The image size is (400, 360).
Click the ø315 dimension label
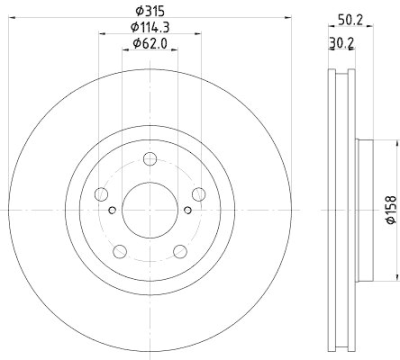[x=150, y=10]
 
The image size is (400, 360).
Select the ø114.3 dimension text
[x=150, y=27]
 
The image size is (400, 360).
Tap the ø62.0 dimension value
[x=150, y=43]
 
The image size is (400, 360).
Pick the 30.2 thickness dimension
[x=341, y=44]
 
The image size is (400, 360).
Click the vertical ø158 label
[x=390, y=209]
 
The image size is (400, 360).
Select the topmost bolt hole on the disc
[x=150, y=159]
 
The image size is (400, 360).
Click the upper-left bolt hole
[x=101, y=194]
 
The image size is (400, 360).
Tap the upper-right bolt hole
[x=198, y=194]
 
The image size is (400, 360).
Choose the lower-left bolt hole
[x=120, y=251]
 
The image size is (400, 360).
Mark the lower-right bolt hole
[x=180, y=251]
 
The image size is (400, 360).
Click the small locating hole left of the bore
[x=112, y=209]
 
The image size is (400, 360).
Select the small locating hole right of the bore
[x=188, y=209]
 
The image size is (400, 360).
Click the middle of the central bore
[x=150, y=209]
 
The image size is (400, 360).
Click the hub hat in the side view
[x=365, y=209]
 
